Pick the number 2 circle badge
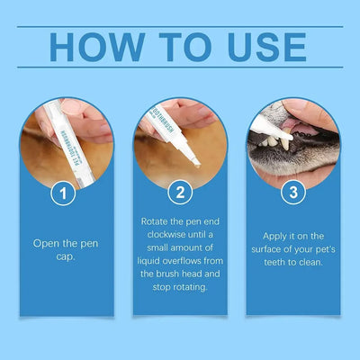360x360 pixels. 179,193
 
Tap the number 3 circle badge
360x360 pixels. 292,193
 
